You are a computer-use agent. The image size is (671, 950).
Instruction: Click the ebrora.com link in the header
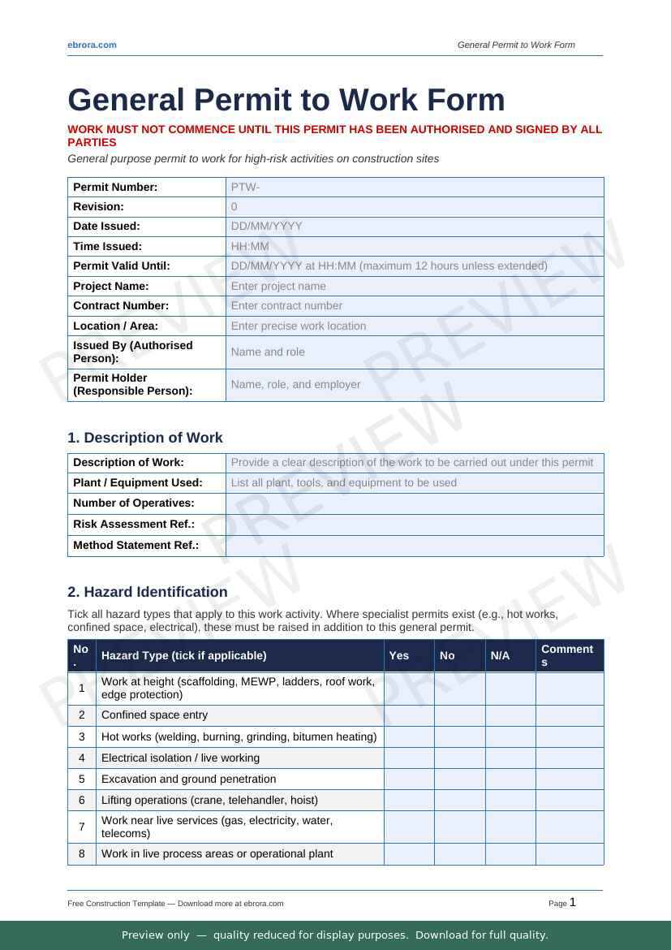[x=92, y=45]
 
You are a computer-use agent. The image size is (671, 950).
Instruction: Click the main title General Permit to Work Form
[x=286, y=100]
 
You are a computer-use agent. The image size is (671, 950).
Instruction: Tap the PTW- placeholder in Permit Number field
[x=245, y=188]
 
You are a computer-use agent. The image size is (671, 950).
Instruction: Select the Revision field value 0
[x=234, y=207]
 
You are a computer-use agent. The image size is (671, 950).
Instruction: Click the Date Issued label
[x=106, y=227]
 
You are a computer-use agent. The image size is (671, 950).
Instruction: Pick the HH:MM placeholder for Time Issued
[x=250, y=246]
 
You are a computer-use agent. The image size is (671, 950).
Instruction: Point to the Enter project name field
[x=278, y=286]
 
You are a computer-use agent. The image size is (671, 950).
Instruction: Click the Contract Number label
[x=121, y=306]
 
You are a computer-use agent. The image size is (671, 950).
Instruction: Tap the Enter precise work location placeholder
[x=299, y=326]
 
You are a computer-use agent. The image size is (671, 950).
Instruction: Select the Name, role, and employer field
[x=295, y=385]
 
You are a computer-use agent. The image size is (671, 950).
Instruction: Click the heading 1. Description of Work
[x=145, y=438]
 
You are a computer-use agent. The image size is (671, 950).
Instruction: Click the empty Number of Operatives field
[x=415, y=503]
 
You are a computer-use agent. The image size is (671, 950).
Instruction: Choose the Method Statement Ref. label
[x=135, y=546]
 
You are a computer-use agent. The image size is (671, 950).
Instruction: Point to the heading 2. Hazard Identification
[x=148, y=592]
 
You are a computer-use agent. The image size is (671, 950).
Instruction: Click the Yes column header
[x=399, y=655]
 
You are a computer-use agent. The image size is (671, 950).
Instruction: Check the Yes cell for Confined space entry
[x=409, y=715]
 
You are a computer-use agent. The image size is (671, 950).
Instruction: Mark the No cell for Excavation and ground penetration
[x=459, y=779]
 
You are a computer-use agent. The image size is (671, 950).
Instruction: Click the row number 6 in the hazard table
[x=82, y=800]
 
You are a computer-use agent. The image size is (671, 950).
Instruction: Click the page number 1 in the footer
[x=573, y=902]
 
